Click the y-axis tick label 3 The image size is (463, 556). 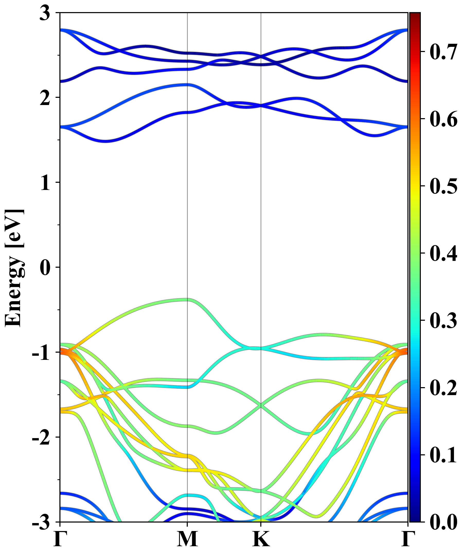[45, 13]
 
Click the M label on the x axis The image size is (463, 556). [187, 539]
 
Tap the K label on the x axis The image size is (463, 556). [261, 539]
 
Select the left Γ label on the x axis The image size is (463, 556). [59, 539]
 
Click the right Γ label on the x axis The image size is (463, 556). [407, 539]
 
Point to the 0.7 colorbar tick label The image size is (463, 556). [443, 52]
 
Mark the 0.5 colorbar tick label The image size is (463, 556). [443, 186]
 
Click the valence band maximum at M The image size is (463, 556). [187, 300]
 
